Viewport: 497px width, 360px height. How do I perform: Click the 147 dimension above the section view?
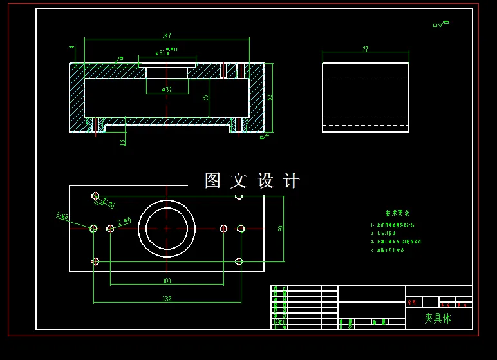(x=167, y=35)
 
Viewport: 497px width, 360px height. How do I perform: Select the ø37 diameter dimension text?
(x=167, y=90)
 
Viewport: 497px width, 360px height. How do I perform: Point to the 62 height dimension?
(x=269, y=97)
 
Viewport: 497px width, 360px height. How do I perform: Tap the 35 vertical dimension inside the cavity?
(x=205, y=98)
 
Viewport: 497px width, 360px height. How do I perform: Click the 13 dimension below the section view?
(x=123, y=142)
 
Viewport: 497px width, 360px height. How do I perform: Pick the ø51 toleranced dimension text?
(x=162, y=53)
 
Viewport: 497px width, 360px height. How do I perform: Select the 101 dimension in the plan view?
(x=167, y=281)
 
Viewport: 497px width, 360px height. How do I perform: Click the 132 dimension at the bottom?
(x=167, y=299)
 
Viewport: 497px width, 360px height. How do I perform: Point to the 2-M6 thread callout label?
(x=62, y=216)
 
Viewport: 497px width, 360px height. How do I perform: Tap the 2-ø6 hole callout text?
(x=124, y=221)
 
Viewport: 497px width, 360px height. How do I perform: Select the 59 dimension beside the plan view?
(x=281, y=229)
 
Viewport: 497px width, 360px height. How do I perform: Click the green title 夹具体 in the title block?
(x=438, y=318)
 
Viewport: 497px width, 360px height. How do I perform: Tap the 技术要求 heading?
(x=397, y=213)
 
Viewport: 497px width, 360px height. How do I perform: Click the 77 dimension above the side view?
(x=365, y=49)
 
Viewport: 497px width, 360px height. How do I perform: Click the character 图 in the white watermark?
(x=212, y=181)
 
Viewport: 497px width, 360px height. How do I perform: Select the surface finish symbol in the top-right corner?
(x=441, y=24)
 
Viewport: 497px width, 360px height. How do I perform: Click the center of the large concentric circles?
(x=167, y=229)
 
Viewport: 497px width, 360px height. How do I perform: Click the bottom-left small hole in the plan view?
(x=95, y=261)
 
